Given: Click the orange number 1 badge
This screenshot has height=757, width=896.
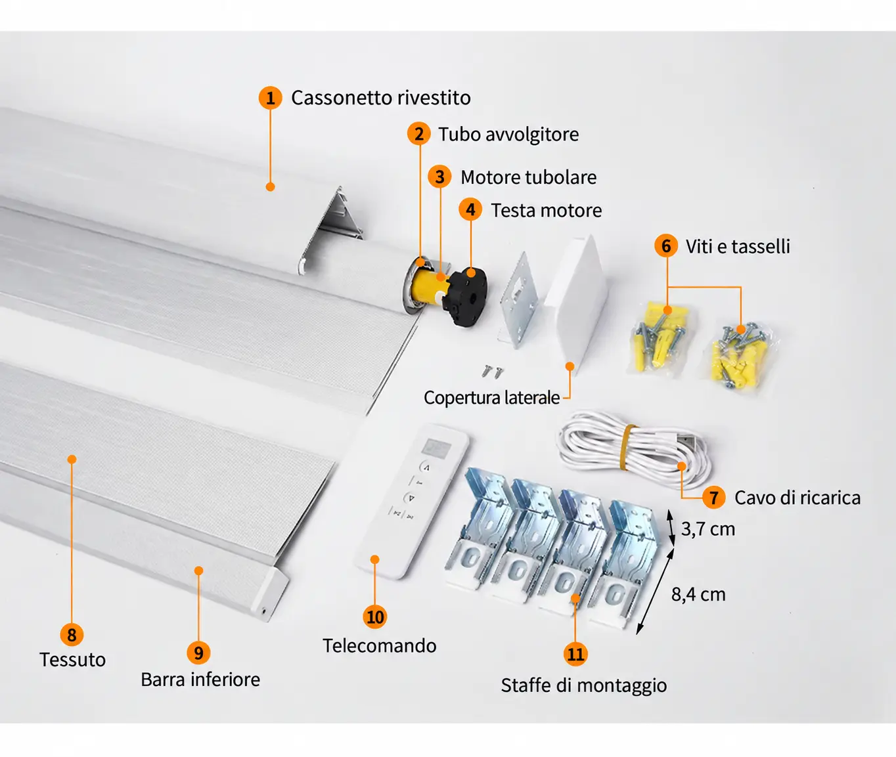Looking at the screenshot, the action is (270, 97).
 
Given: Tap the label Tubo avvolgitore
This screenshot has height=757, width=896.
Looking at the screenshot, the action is (508, 135).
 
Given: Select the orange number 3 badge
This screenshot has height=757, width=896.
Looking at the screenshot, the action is (439, 177).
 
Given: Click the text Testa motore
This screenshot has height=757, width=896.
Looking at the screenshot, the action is (546, 211).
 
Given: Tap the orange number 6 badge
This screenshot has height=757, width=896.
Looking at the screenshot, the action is (666, 246).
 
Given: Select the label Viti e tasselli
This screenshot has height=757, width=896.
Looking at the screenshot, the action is (738, 247).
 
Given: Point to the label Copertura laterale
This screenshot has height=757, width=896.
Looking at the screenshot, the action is (491, 398).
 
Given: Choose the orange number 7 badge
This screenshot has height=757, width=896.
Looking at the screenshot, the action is (714, 498).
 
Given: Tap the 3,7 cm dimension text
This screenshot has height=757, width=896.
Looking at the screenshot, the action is (708, 529).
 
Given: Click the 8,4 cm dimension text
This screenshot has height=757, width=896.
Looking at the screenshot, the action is (698, 595).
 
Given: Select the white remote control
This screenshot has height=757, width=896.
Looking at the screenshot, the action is (411, 501).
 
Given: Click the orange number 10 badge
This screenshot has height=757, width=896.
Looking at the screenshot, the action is (375, 617).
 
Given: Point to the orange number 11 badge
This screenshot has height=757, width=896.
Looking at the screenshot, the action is (575, 655).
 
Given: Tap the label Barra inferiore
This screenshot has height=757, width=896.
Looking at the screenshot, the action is (200, 680).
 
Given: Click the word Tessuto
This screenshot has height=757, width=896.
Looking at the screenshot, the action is (73, 660).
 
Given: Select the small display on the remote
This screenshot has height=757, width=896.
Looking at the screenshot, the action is (437, 448).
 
